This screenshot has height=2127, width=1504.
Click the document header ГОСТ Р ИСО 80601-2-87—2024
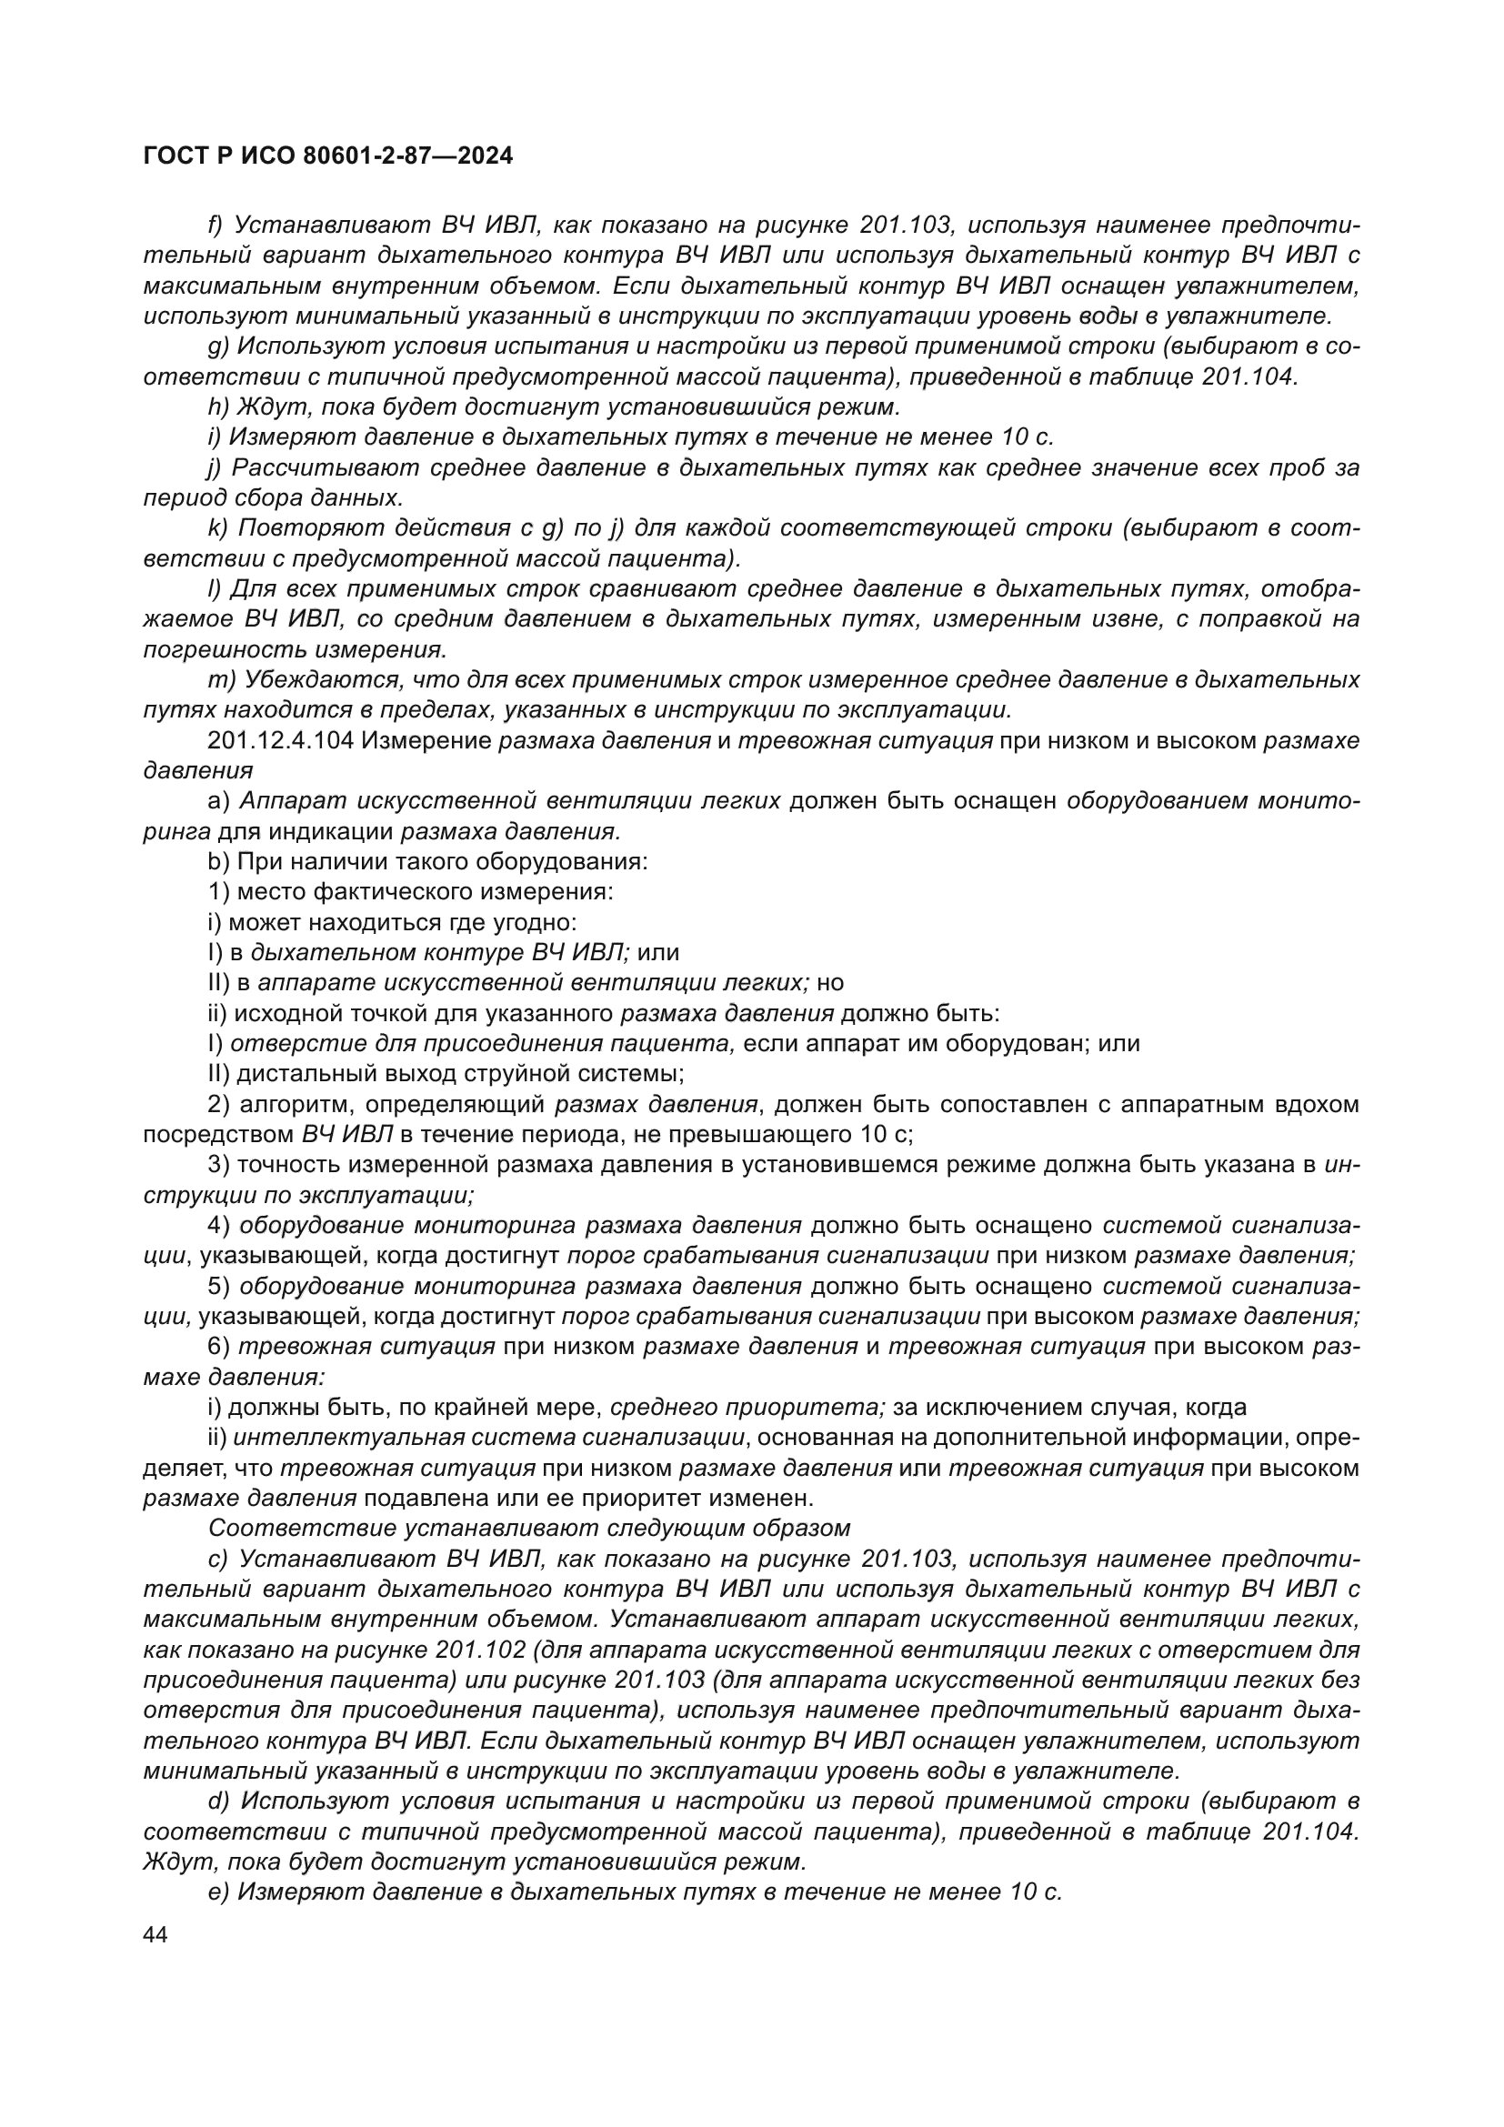[x=328, y=156]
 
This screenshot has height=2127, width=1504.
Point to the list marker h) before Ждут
[x=218, y=406]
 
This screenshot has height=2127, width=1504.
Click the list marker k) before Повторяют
[x=217, y=528]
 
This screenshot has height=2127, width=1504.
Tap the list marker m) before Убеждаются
[x=221, y=680]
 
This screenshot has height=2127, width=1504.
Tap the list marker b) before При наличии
[x=218, y=861]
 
